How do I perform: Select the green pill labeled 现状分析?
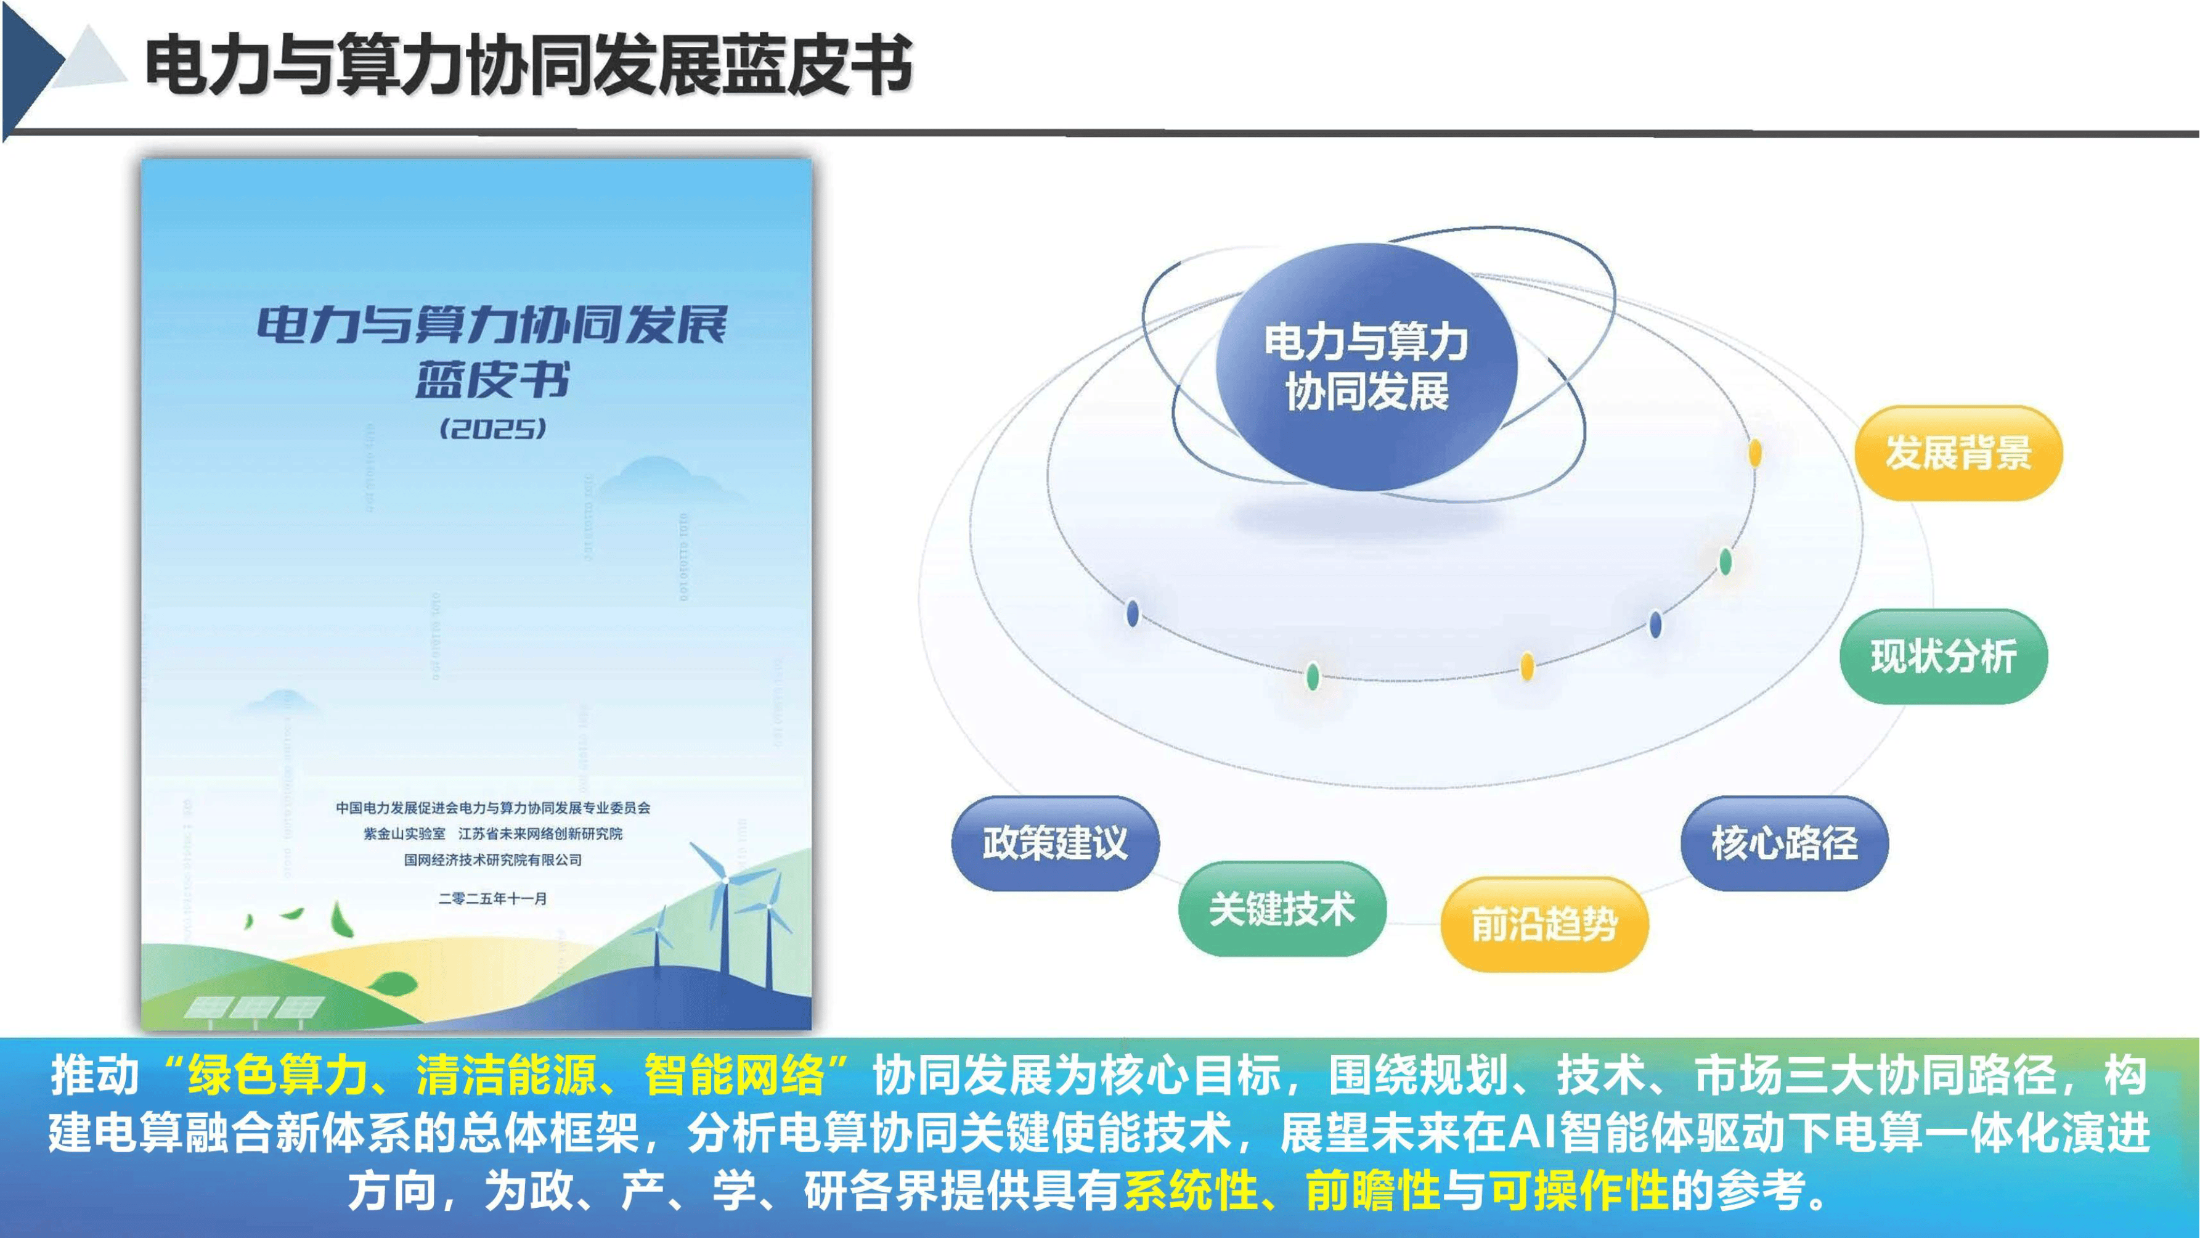point(1943,656)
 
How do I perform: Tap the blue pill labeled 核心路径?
point(1784,843)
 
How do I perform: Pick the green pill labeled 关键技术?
point(1281,908)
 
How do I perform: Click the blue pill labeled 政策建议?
point(1055,843)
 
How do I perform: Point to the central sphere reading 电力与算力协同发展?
point(1366,367)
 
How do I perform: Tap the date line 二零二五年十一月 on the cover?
point(493,898)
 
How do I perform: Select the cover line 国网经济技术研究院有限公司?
point(493,859)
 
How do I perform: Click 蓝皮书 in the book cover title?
point(493,380)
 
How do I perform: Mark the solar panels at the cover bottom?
point(254,1009)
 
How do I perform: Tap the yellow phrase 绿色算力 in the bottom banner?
point(277,1075)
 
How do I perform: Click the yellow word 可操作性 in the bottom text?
point(1578,1189)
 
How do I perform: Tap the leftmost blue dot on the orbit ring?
point(1133,613)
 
